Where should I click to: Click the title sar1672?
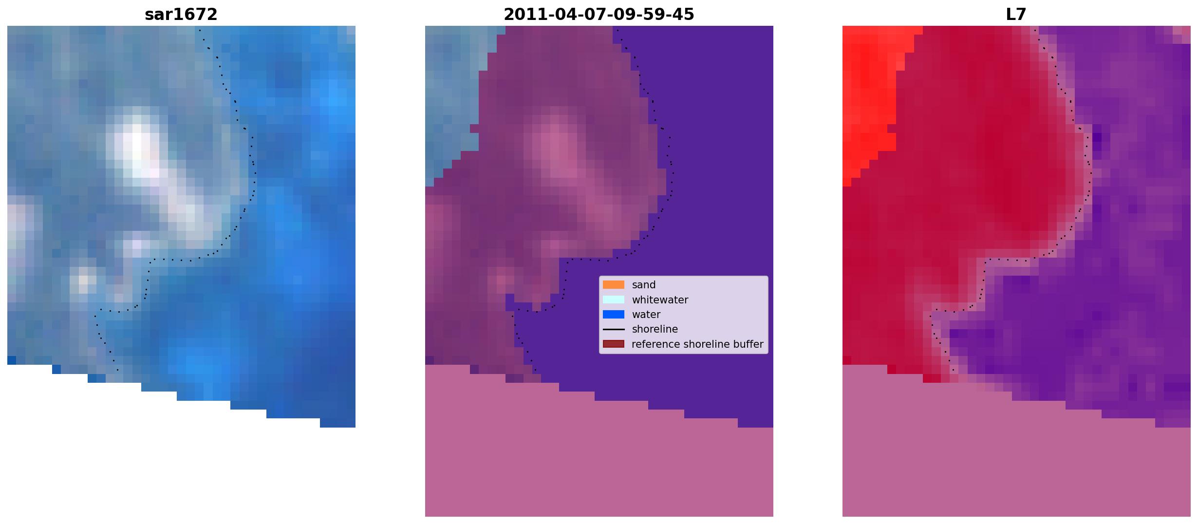point(181,15)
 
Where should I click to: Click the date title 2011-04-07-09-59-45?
point(599,15)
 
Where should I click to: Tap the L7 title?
point(1016,15)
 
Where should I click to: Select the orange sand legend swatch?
point(614,285)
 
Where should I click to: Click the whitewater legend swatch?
point(614,299)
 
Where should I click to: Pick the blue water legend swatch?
point(614,315)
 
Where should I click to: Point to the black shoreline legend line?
point(614,329)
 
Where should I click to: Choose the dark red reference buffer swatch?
point(614,344)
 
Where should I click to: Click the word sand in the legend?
point(644,285)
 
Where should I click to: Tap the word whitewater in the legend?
point(660,300)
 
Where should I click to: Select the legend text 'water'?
point(646,315)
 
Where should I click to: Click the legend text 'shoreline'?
point(655,329)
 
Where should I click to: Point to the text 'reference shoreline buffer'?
point(697,344)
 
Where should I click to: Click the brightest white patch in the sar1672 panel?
point(136,146)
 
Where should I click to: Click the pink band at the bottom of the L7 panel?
point(1016,463)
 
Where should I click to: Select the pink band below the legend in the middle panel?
point(599,463)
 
